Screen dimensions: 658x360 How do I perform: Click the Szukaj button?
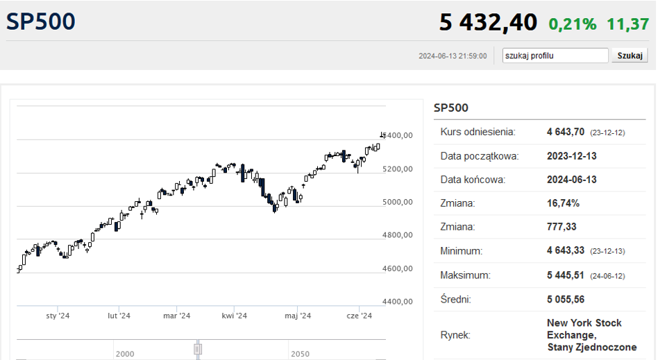[x=630, y=55]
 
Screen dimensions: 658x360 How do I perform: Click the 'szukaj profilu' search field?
[x=555, y=55]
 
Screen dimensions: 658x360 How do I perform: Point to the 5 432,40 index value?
[x=488, y=22]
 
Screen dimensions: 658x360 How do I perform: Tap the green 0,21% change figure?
[x=573, y=24]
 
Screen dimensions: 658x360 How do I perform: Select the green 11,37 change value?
[x=627, y=24]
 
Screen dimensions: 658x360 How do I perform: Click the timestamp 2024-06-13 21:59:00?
[x=453, y=55]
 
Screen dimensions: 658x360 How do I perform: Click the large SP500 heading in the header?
[x=41, y=22]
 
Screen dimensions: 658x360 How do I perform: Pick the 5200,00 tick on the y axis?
[x=398, y=169]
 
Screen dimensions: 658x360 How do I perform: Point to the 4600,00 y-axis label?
[x=398, y=268]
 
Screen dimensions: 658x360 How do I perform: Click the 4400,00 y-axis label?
[x=398, y=301]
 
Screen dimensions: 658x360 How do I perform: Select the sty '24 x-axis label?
[x=58, y=316]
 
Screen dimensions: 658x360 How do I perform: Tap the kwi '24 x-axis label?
[x=234, y=316]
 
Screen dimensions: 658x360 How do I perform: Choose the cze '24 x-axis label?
[x=360, y=316]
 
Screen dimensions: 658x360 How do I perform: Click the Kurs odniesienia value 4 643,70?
[x=565, y=132]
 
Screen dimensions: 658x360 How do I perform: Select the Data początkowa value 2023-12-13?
[x=571, y=156]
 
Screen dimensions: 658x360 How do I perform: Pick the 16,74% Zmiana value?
[x=563, y=203]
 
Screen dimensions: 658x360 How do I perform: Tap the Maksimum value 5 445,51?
[x=565, y=275]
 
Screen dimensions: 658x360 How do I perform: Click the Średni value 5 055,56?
[x=565, y=299]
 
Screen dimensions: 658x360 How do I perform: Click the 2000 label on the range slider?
[x=125, y=354]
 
